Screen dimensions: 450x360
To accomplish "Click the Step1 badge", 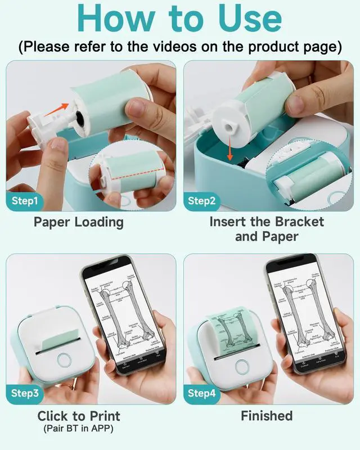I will [x=25, y=200].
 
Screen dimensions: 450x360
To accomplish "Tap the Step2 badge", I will [x=203, y=200].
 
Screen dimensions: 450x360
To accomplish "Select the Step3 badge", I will [x=25, y=393].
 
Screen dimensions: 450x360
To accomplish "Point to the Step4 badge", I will [x=203, y=393].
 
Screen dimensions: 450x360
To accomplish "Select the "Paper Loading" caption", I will [x=79, y=222].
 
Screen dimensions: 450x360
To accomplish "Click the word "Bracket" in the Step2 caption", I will [x=299, y=222].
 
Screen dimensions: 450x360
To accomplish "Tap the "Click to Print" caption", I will [x=79, y=416].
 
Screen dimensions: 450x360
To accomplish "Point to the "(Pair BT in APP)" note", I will [x=79, y=429].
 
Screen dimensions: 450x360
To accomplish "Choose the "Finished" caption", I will [x=267, y=416].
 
